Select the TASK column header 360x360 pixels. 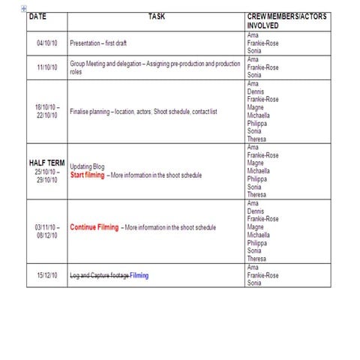coord(157,16)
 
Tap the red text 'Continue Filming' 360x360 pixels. coord(94,226)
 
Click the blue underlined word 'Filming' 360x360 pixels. coord(139,275)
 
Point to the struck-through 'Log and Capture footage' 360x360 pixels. coord(99,275)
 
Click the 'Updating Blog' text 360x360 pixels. coord(88,166)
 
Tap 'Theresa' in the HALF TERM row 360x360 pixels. coord(257,194)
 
